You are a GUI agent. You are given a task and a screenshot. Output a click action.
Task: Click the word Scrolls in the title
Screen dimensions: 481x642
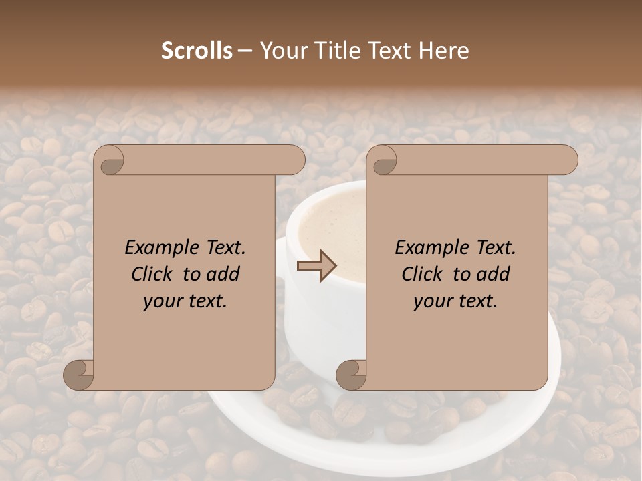[x=197, y=51]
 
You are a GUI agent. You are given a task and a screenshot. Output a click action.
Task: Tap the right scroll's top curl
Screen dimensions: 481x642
[x=384, y=161]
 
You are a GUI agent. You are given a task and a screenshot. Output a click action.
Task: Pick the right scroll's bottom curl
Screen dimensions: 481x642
[x=352, y=375]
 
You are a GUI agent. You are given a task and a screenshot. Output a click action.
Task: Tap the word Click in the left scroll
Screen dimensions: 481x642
[x=154, y=274]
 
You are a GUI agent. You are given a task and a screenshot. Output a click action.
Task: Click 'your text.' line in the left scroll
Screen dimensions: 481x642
[x=185, y=301]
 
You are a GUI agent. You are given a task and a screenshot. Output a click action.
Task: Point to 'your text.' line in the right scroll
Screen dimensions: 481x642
[x=455, y=301]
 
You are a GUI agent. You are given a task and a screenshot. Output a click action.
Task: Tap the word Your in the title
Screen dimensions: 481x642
[x=280, y=51]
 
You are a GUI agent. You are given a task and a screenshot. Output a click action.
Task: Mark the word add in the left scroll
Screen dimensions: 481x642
[x=224, y=274]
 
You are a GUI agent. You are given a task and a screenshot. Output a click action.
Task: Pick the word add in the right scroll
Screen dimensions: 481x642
[x=494, y=274]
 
